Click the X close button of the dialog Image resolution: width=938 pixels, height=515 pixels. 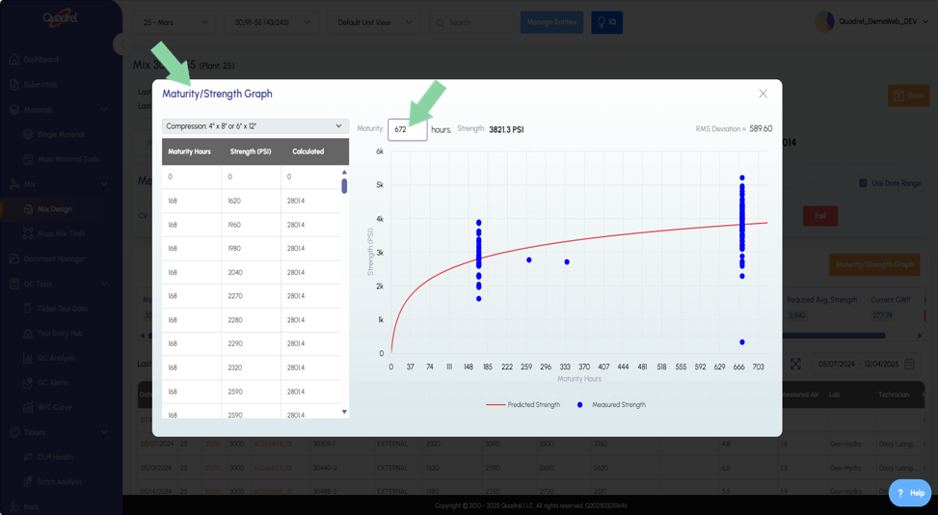763,94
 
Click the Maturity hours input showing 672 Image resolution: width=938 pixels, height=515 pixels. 407,129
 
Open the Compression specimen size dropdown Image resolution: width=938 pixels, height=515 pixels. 255,126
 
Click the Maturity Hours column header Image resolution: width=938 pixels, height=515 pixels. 189,151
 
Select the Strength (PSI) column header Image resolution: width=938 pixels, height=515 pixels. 250,151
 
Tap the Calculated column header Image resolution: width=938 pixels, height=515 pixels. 308,151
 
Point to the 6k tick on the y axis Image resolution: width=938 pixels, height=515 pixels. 379,151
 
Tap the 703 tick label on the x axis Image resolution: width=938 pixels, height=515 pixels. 758,367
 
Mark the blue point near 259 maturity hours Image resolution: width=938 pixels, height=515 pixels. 529,260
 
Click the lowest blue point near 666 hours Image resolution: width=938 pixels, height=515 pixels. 742,342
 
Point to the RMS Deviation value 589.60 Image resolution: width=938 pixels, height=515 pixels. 761,128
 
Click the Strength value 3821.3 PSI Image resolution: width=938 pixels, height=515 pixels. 506,129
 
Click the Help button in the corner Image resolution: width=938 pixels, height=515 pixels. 909,493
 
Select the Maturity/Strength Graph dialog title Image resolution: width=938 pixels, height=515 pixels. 217,94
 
